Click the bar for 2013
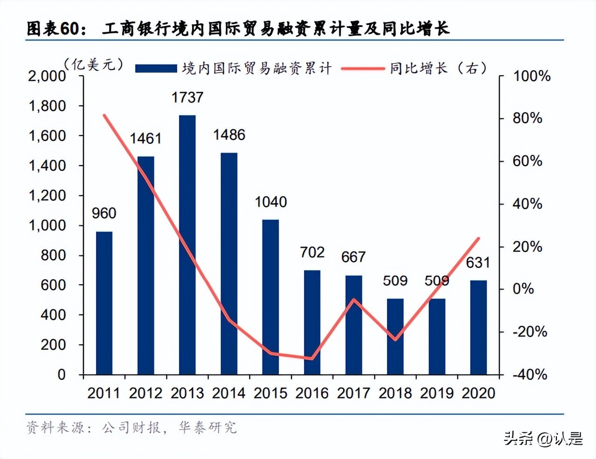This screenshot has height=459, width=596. click(187, 245)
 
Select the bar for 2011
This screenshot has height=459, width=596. click(104, 303)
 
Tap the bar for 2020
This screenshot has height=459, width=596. click(478, 327)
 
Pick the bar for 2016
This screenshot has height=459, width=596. click(312, 322)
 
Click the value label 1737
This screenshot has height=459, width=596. click(187, 97)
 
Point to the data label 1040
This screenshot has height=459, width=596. click(270, 202)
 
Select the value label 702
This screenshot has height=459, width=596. click(312, 252)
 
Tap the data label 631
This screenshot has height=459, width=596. click(478, 263)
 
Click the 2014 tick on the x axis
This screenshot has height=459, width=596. click(229, 393)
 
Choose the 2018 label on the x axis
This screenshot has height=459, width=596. click(395, 393)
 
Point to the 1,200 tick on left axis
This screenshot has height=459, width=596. click(48, 195)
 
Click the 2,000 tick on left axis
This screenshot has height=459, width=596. click(47, 76)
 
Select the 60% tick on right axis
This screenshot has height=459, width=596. click(527, 161)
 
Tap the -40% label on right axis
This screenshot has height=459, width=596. click(530, 375)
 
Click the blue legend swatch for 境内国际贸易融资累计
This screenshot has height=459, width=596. click(156, 69)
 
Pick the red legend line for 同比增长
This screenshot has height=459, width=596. click(362, 69)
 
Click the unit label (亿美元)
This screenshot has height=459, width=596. click(94, 64)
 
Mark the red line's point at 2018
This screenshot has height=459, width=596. click(395, 340)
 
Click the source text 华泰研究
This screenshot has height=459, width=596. click(208, 427)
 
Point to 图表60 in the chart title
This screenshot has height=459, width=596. click(53, 29)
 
